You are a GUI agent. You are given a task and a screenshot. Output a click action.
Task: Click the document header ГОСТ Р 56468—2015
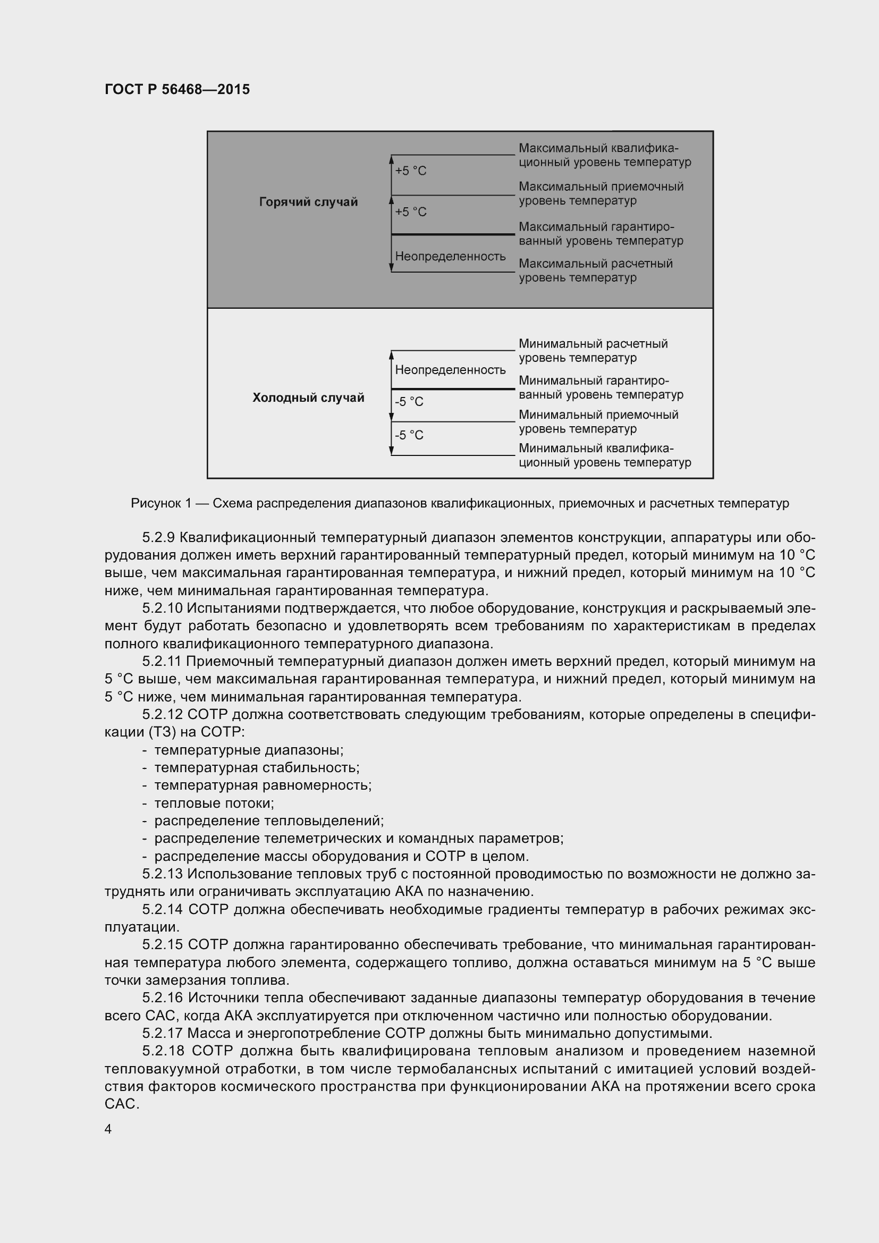177,89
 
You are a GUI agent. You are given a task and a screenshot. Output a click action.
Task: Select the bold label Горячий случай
308,202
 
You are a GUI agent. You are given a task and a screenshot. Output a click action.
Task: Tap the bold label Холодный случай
308,398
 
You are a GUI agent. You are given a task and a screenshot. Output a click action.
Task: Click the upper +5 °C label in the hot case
411,171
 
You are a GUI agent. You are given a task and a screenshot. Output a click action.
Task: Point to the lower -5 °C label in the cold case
409,435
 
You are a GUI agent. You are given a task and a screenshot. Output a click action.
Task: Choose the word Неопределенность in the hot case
450,256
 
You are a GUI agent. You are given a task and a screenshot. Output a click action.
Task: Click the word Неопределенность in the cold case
450,370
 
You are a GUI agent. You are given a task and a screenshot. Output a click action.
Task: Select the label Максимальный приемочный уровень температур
601,193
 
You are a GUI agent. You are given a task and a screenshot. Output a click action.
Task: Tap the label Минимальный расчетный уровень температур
593,351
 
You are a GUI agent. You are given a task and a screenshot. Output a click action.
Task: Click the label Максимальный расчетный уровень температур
595,270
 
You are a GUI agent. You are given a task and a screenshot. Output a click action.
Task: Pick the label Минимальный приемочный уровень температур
598,422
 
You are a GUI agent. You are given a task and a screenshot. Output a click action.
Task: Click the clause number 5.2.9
158,538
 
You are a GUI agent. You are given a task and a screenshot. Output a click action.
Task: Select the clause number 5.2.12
163,715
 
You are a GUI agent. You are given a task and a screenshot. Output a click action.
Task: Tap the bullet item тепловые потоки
214,804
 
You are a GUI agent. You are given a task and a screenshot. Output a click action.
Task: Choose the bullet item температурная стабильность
257,768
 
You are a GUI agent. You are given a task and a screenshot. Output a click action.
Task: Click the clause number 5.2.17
163,1034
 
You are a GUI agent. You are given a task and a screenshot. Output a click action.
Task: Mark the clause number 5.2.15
163,945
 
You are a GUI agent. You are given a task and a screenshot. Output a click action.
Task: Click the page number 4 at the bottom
108,1129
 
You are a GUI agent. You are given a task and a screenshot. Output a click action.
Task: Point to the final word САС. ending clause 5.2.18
122,1104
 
